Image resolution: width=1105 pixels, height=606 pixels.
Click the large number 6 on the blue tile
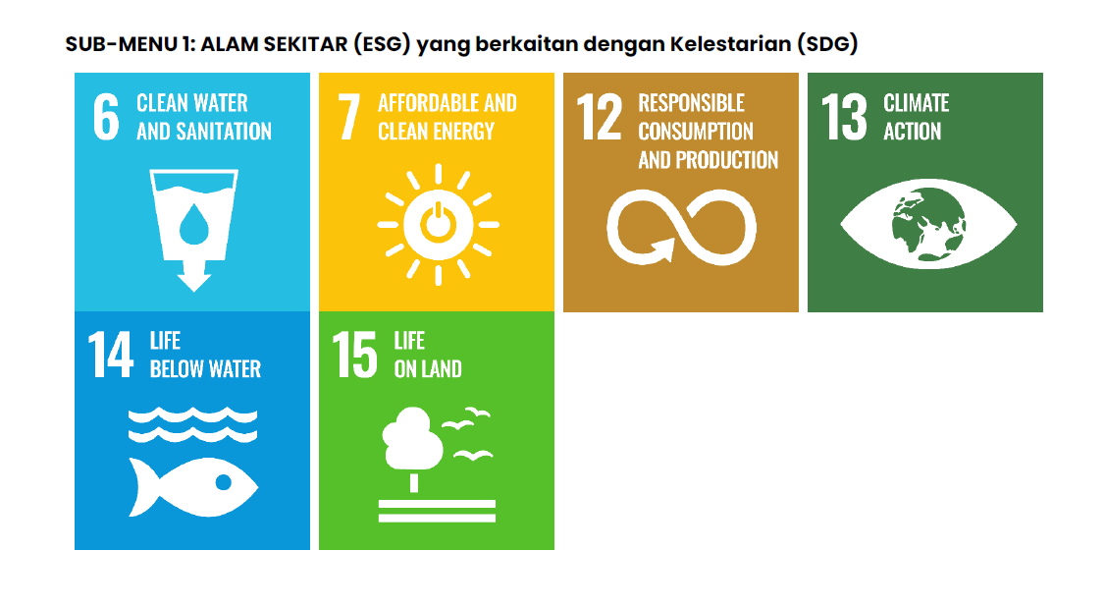coord(106,117)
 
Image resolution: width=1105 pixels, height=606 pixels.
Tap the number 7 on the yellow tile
coord(348,117)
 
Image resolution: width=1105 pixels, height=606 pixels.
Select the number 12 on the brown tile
coord(599,117)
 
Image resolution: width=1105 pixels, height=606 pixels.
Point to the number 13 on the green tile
coord(844,117)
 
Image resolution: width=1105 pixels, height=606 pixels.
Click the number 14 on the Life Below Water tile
coord(111,355)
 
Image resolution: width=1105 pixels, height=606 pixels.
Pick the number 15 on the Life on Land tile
coord(354,355)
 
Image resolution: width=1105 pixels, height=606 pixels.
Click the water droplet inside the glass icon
coord(193,224)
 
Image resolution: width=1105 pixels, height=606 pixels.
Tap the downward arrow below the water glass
coord(193,275)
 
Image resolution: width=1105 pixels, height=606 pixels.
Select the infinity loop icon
coord(681,227)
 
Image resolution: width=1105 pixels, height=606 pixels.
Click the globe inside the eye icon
coord(928,224)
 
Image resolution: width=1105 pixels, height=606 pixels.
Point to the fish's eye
coord(224,482)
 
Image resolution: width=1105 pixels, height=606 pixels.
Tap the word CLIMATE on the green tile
coord(917,103)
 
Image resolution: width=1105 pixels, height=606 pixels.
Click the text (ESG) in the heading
coord(382,44)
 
